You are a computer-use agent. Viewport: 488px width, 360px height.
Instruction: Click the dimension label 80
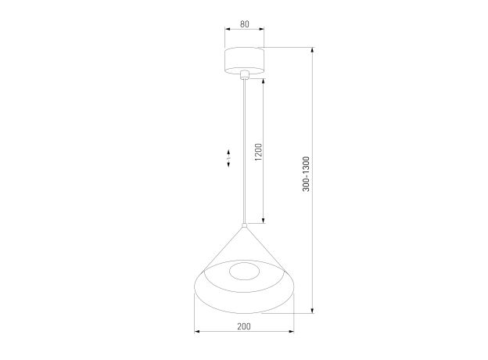click(x=245, y=24)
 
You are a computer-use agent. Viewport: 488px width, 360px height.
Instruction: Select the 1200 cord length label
click(x=259, y=152)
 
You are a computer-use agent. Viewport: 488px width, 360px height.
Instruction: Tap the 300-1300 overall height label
click(x=307, y=174)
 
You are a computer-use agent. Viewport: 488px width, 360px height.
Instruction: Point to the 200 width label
click(x=244, y=326)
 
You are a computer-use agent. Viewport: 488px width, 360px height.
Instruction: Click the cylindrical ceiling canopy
click(x=244, y=61)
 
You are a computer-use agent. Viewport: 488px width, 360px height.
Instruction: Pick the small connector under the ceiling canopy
click(x=245, y=75)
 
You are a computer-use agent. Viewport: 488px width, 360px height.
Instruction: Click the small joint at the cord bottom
click(x=245, y=225)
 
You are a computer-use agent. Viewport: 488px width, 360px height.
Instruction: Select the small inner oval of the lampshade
click(x=244, y=272)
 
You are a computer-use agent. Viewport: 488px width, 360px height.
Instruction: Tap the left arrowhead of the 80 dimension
click(x=228, y=29)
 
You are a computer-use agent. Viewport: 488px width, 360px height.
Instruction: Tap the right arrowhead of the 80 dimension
click(x=261, y=29)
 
